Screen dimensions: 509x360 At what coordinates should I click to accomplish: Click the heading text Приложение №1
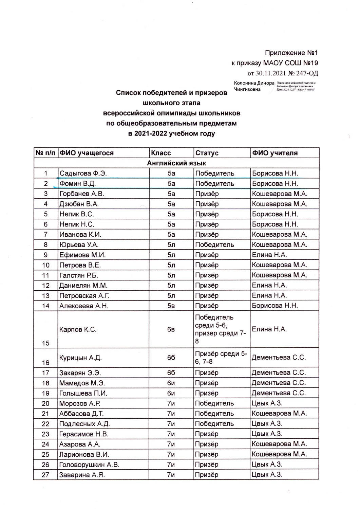291,53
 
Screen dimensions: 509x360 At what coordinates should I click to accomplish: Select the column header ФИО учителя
274,153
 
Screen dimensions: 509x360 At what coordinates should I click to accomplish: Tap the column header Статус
207,153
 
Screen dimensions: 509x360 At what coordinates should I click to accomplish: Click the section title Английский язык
176,163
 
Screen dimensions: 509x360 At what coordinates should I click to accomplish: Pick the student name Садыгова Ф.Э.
83,173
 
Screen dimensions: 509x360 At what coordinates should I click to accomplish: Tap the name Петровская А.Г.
84,295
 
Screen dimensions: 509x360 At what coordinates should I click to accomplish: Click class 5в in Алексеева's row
171,306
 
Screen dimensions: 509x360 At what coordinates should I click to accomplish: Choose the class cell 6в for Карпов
171,329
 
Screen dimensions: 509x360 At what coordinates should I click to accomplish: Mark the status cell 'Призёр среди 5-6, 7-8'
221,358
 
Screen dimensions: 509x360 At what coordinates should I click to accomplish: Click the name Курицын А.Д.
80,358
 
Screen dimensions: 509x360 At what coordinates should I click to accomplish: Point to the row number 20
45,403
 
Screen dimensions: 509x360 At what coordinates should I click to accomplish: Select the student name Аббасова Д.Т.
81,414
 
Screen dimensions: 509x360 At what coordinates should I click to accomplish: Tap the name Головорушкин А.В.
89,465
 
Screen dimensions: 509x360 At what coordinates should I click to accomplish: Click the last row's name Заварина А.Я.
82,475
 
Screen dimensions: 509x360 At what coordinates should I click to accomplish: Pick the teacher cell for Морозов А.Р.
267,403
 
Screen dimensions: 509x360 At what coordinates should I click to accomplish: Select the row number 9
45,255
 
